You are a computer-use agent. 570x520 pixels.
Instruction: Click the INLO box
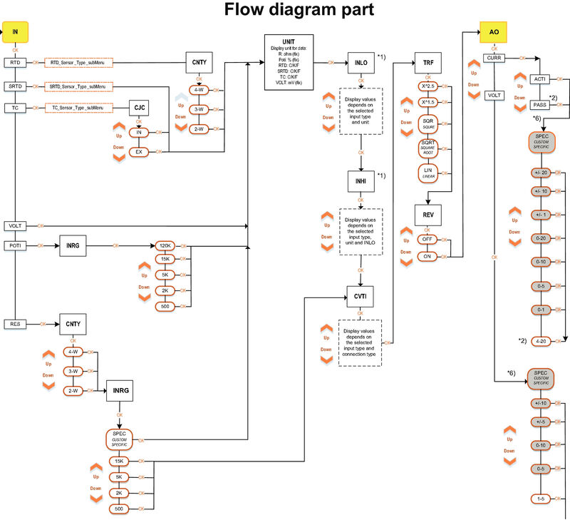coord(361,63)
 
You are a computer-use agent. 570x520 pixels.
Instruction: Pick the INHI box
coord(361,181)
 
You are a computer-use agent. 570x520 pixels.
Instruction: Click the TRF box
coord(428,63)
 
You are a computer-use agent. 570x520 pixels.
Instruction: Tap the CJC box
coord(139,108)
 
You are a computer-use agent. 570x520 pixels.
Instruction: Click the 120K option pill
coord(165,246)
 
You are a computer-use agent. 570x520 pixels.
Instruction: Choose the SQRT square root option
coord(428,148)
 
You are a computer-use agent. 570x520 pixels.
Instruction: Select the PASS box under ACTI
coord(539,105)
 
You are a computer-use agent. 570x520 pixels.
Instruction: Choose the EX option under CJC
coord(139,152)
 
